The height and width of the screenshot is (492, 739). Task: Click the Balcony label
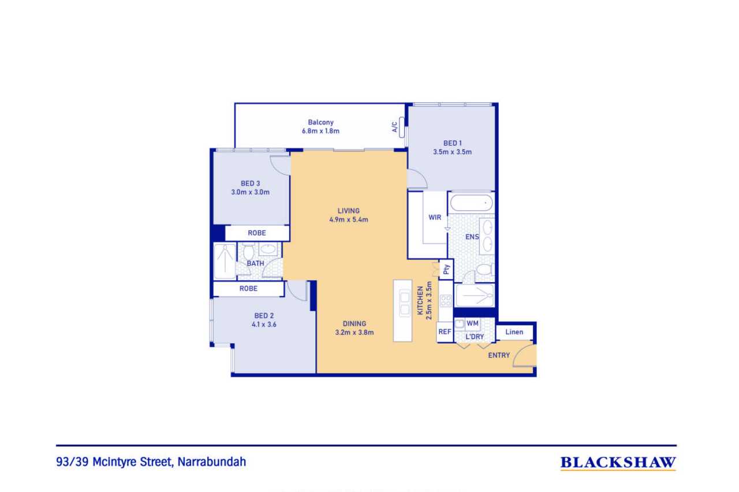pos(320,122)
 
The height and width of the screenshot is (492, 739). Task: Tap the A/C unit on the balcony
pos(401,127)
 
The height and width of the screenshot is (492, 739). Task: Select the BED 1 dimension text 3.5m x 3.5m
pos(452,152)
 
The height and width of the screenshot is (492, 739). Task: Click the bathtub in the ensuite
pos(471,202)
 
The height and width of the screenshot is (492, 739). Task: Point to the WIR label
pos(435,217)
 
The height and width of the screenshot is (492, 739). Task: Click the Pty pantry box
pos(446,269)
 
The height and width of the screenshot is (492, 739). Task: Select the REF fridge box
pos(445,332)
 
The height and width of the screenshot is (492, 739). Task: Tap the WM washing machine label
pos(472,324)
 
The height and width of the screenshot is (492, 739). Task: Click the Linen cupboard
pos(514,332)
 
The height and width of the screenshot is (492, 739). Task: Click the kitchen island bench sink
pos(405,303)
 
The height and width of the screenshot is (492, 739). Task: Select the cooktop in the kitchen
pos(446,301)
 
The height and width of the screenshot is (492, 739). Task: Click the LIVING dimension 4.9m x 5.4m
pos(349,220)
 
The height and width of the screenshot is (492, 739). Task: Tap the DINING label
pos(354,324)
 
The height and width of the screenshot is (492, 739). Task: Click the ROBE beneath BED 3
pos(257,233)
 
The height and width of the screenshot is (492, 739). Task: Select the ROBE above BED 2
pos(248,288)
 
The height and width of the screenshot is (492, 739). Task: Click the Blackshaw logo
pos(618,463)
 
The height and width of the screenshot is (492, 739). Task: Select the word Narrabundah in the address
pos(212,462)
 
